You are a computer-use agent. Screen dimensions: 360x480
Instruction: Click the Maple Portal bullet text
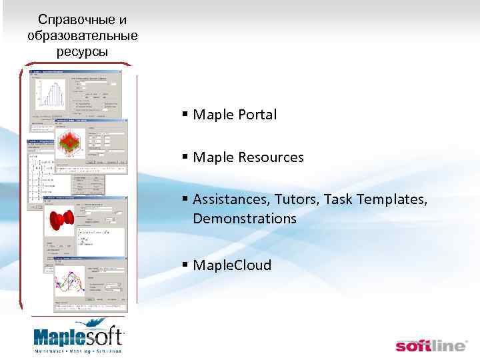235,115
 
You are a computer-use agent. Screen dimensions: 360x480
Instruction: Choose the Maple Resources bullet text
248,158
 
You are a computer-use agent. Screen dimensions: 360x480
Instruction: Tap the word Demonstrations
245,218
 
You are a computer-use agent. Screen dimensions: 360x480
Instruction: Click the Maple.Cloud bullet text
232,265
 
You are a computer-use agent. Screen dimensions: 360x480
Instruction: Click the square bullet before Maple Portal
185,115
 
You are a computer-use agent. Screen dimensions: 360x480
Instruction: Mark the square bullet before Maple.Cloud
185,266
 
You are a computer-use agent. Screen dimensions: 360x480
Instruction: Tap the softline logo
431,345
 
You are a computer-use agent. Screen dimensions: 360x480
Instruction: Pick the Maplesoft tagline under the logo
78,350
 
